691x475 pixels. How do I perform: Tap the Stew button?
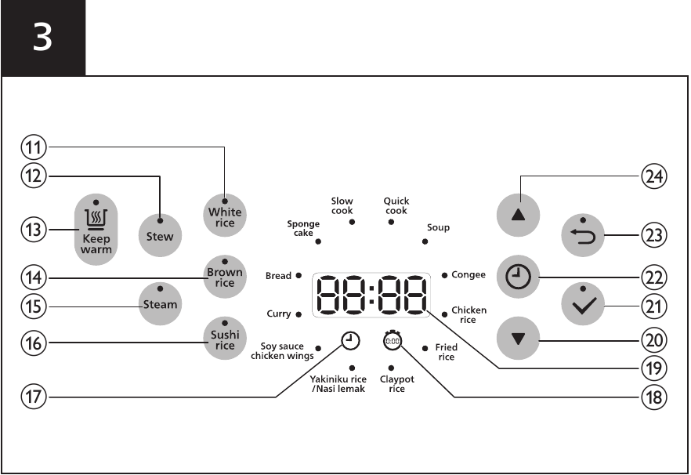160,235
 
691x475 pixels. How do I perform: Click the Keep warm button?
96,230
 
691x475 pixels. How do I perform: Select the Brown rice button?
225,277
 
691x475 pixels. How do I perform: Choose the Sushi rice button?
225,339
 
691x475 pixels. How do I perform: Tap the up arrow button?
519,216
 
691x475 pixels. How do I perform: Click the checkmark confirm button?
583,304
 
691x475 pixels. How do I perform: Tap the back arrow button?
583,235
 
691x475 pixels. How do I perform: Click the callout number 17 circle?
34,397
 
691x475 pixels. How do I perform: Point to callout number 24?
654,176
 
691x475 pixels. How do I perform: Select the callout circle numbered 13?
34,230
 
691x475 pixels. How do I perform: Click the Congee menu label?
469,275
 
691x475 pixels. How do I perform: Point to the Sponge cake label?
303,228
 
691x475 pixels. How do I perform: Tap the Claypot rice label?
396,384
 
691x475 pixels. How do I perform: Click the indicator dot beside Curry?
298,314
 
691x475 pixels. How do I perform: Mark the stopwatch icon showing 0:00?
393,340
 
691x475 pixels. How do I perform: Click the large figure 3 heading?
42,37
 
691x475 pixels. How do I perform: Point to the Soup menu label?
438,227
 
